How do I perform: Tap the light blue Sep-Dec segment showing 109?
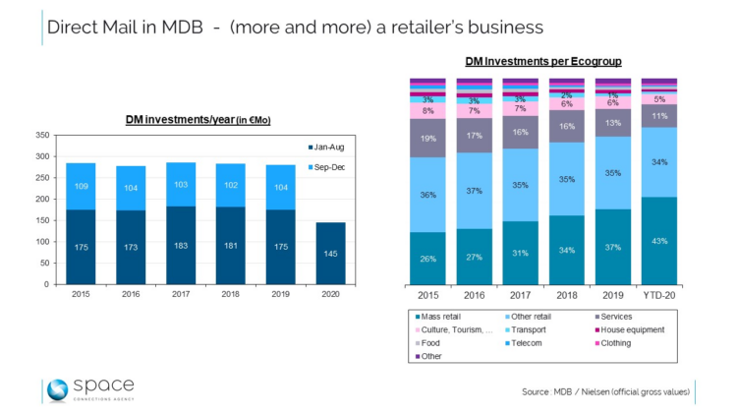point(82,186)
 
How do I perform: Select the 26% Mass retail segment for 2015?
point(426,259)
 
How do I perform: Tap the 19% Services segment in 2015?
point(426,139)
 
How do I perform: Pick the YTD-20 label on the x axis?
point(660,295)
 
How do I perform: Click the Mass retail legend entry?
point(440,317)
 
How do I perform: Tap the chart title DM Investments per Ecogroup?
point(543,61)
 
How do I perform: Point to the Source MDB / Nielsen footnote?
point(605,391)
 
